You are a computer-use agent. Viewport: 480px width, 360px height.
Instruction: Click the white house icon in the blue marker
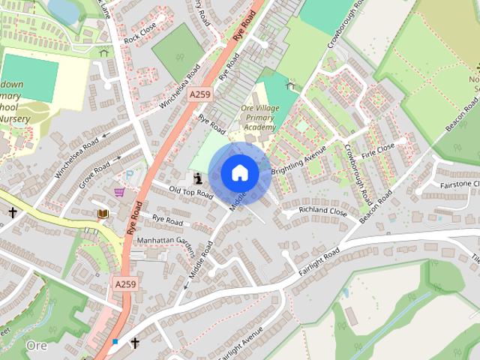(x=238, y=173)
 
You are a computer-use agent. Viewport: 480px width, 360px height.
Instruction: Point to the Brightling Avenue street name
(x=299, y=160)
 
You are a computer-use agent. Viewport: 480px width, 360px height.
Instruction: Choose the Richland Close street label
(x=323, y=211)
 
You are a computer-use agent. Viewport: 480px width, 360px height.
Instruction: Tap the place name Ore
(x=36, y=345)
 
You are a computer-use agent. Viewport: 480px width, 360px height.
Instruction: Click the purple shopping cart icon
(x=119, y=192)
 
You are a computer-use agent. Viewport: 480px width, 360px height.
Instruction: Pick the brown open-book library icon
(x=103, y=214)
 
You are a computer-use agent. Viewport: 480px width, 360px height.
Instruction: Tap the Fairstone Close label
(x=460, y=184)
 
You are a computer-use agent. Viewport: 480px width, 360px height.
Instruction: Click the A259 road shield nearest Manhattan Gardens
(x=125, y=283)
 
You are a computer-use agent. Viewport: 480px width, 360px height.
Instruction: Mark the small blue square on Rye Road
(x=115, y=342)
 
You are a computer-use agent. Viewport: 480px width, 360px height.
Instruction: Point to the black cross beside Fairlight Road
(x=135, y=343)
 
